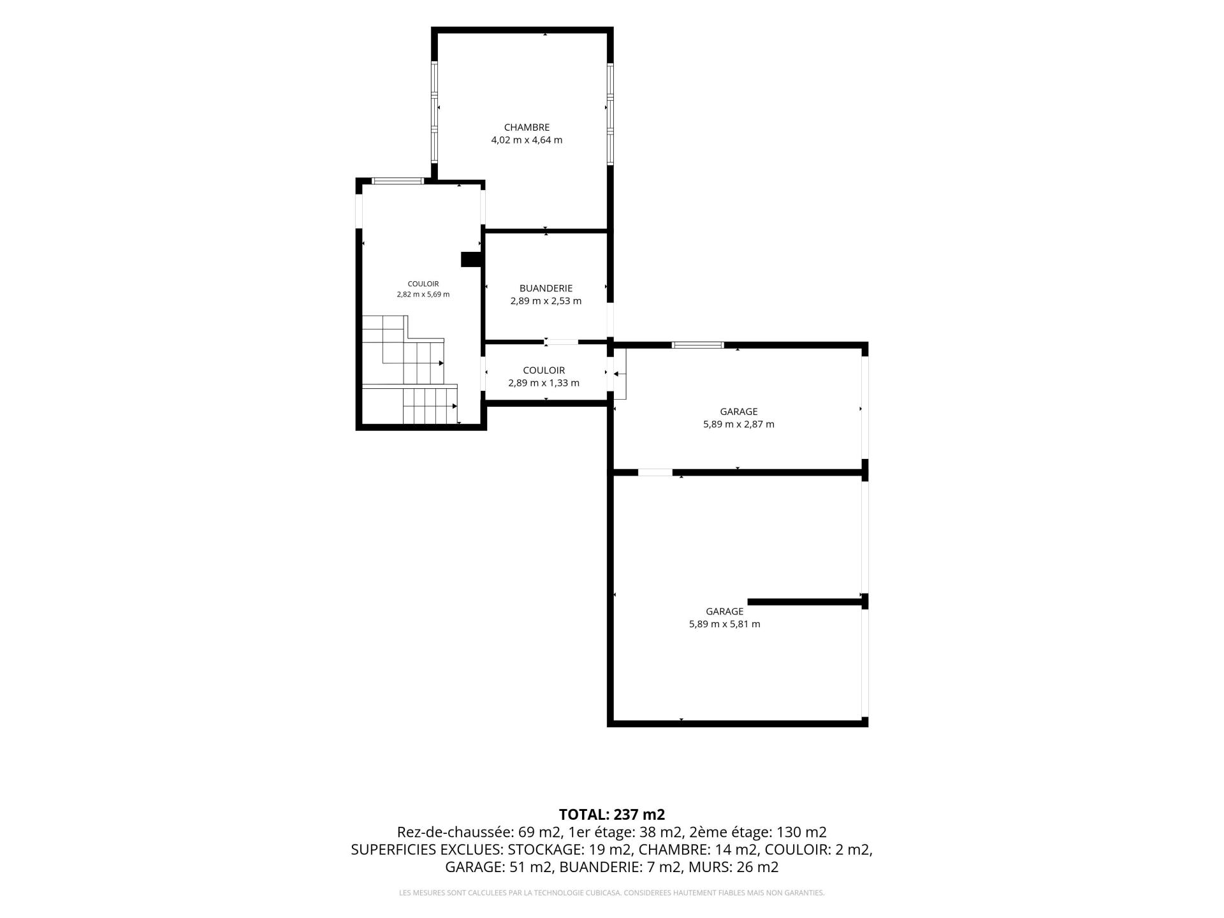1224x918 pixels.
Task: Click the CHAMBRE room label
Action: tap(527, 127)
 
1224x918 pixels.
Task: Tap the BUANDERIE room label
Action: tap(546, 288)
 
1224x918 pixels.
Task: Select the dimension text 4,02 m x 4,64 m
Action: tap(527, 140)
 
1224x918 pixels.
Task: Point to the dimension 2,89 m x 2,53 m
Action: tap(546, 301)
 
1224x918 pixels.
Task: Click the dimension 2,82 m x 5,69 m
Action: tap(423, 295)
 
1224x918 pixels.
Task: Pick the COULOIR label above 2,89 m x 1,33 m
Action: tap(544, 370)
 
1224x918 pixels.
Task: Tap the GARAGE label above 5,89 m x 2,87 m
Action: tap(739, 412)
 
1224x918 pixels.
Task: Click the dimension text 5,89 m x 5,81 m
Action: tap(725, 624)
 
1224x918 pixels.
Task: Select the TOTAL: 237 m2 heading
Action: tap(612, 815)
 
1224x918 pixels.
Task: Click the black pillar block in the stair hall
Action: tap(470, 259)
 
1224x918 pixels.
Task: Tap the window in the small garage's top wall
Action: tap(698, 346)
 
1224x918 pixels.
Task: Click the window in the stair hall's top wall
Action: tap(398, 182)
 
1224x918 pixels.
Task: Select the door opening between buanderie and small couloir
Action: tap(562, 342)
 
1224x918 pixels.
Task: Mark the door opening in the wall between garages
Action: tap(655, 472)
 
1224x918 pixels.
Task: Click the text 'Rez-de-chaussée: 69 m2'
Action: tap(479, 832)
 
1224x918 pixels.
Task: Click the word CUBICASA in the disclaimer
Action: tap(602, 893)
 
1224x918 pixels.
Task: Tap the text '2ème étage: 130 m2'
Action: tap(758, 832)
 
